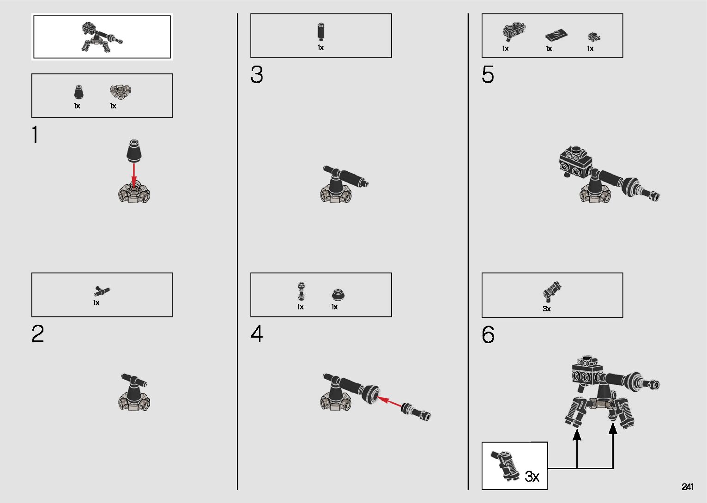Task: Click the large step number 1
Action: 36,134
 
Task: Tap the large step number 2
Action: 37,333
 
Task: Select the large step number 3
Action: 257,74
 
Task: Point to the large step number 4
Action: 257,333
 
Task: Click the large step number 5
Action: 488,74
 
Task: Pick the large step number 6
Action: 488,334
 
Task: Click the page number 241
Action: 687,486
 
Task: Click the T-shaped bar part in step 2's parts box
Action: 102,291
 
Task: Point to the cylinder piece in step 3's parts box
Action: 320,31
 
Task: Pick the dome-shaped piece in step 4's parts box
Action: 338,295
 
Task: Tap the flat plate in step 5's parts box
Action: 556,36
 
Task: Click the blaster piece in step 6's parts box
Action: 552,291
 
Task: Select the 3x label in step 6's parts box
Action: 547,309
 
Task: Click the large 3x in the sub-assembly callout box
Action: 532,476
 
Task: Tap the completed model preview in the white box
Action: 102,37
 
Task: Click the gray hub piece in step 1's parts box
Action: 120,92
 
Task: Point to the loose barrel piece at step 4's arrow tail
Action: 416,412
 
